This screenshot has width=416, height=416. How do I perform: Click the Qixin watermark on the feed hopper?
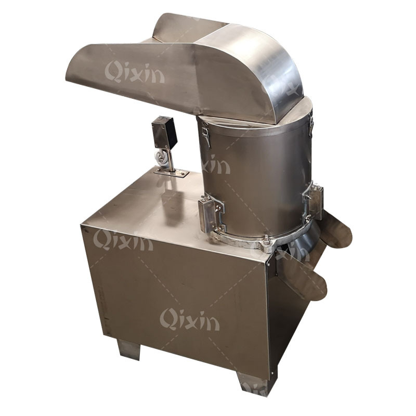coord(135,72)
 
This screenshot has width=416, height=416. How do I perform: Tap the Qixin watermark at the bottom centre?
coord(190,319)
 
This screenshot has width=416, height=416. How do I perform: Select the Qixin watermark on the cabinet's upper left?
coord(123,240)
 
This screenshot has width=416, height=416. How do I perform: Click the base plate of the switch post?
coord(172,173)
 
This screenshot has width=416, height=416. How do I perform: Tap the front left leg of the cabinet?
coord(128,349)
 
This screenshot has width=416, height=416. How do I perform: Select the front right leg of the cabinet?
coord(253,385)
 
